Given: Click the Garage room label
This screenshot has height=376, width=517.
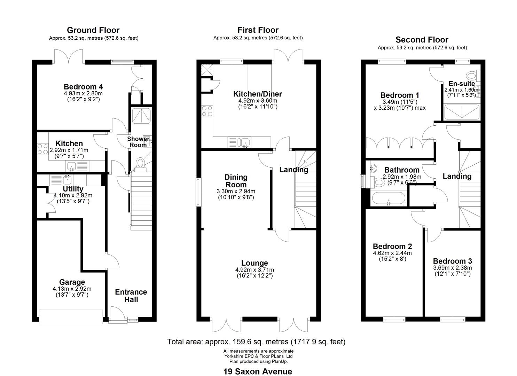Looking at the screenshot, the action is (72, 282).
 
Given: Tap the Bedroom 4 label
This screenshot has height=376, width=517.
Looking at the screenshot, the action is (83, 87).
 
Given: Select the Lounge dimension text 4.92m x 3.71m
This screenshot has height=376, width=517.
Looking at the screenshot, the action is (254, 269).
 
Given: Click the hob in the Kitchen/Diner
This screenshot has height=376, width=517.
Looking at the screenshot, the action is (207, 111).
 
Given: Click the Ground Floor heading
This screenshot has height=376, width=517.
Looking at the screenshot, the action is (93, 30).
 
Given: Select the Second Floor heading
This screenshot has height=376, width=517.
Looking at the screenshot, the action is (422, 40).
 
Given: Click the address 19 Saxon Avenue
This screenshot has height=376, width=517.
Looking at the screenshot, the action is (258, 371).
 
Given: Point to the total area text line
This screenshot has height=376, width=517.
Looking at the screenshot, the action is (256, 342).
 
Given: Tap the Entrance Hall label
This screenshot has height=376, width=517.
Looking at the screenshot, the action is (131, 296).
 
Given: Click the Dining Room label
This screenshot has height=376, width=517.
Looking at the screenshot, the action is (236, 181).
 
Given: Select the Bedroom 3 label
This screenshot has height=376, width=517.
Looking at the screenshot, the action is (452, 261).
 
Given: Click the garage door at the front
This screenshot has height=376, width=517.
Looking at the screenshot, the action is (71, 317).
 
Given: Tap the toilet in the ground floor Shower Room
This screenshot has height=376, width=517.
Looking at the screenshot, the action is (140, 165).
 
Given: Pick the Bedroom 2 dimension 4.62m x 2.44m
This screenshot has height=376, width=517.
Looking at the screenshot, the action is (392, 253).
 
